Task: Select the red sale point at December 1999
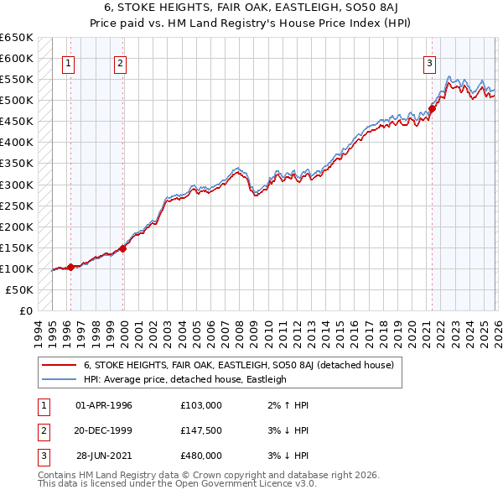pos(123,247)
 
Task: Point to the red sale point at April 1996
pos(70,267)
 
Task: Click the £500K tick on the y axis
pos(17,101)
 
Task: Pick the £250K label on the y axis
pos(17,206)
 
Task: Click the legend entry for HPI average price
pos(184,379)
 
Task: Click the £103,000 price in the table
pos(201,405)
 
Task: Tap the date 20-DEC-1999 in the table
pos(104,430)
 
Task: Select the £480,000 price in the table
pos(201,456)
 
